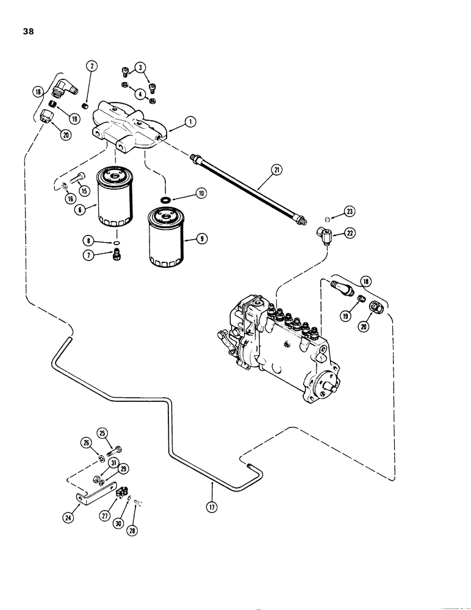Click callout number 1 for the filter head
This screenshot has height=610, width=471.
191,121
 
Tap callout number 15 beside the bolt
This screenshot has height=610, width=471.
84,191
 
